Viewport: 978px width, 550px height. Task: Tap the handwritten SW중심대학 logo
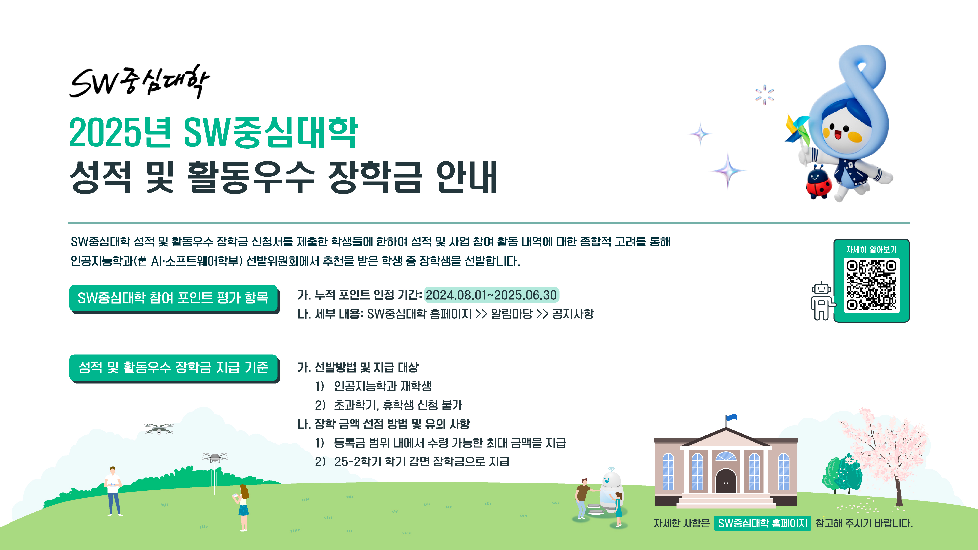139,81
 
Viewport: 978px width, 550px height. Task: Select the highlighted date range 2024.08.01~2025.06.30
491,295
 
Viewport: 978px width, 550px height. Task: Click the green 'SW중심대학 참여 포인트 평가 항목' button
173,298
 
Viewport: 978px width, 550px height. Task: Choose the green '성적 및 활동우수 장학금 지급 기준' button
173,367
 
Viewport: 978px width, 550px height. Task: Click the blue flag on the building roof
731,418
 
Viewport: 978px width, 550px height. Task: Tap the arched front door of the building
726,480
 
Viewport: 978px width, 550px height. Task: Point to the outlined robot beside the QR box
822,301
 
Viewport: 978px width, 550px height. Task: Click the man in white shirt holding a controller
113,491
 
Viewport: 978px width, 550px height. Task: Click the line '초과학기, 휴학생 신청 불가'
398,405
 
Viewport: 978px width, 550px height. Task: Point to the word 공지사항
573,313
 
